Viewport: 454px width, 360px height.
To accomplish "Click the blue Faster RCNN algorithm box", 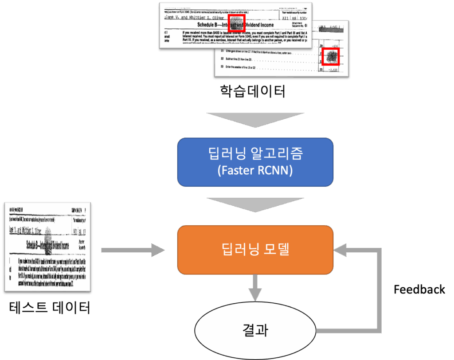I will point(255,162).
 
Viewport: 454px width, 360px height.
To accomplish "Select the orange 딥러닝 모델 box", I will point(255,250).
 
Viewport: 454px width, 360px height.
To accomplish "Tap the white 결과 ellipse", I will point(255,330).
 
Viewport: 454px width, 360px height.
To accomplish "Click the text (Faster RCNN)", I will point(255,171).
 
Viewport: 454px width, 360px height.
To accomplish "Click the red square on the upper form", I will point(237,23).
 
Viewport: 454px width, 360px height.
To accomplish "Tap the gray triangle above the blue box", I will point(255,121).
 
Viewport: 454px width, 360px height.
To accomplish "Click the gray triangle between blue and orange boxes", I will point(255,204).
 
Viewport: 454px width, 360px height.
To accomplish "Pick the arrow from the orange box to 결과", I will point(255,288).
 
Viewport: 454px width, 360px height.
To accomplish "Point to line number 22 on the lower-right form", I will point(222,58).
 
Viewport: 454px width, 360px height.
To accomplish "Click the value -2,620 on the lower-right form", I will point(332,70).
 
